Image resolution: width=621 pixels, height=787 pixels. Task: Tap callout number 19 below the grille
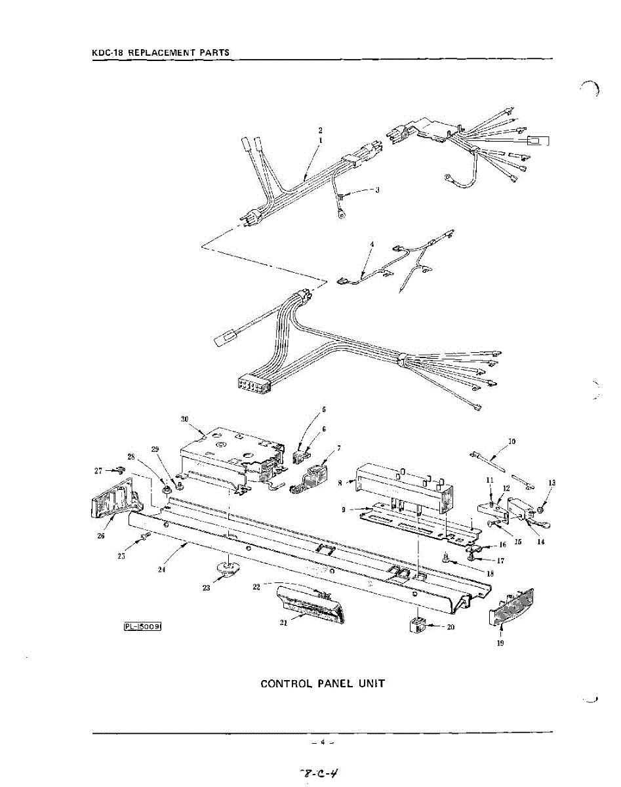pos(500,643)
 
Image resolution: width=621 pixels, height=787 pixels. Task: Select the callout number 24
pos(161,569)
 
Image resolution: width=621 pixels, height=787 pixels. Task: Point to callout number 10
pos(511,441)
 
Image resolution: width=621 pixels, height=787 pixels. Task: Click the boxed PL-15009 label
pos(142,626)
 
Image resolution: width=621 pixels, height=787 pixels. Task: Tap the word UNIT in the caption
pos(371,684)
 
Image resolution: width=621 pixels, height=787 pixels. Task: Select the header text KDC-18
pos(105,52)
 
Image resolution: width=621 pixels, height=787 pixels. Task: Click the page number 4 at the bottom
pos(323,742)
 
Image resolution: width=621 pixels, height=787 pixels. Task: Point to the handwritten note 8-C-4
pos(321,773)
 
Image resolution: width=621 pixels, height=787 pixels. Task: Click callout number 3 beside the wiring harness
pos(377,190)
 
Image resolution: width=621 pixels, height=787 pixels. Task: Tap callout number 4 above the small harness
pos(372,244)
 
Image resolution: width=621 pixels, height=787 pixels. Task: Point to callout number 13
pos(551,483)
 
